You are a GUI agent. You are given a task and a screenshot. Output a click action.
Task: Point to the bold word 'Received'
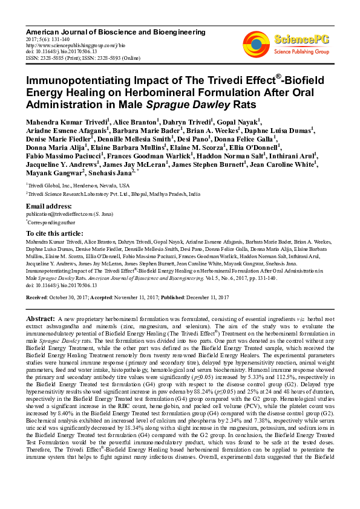[38, 298]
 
